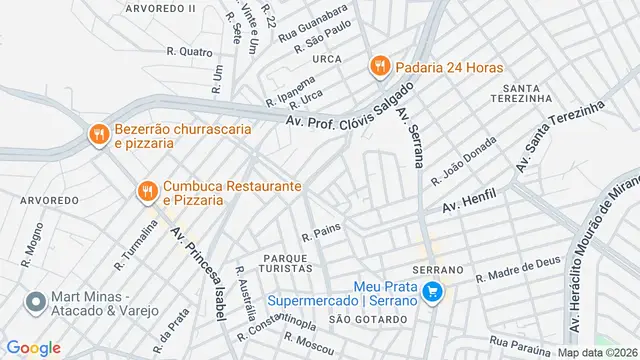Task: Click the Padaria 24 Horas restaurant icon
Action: [379, 67]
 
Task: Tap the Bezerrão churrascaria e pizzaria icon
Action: [98, 134]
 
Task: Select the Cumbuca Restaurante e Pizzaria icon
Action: [146, 190]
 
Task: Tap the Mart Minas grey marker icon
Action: [36, 302]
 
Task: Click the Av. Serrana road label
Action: [409, 134]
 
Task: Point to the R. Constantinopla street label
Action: [275, 311]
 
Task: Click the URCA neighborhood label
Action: [326, 59]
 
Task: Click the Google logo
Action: [34, 348]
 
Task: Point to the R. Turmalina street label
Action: [136, 245]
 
